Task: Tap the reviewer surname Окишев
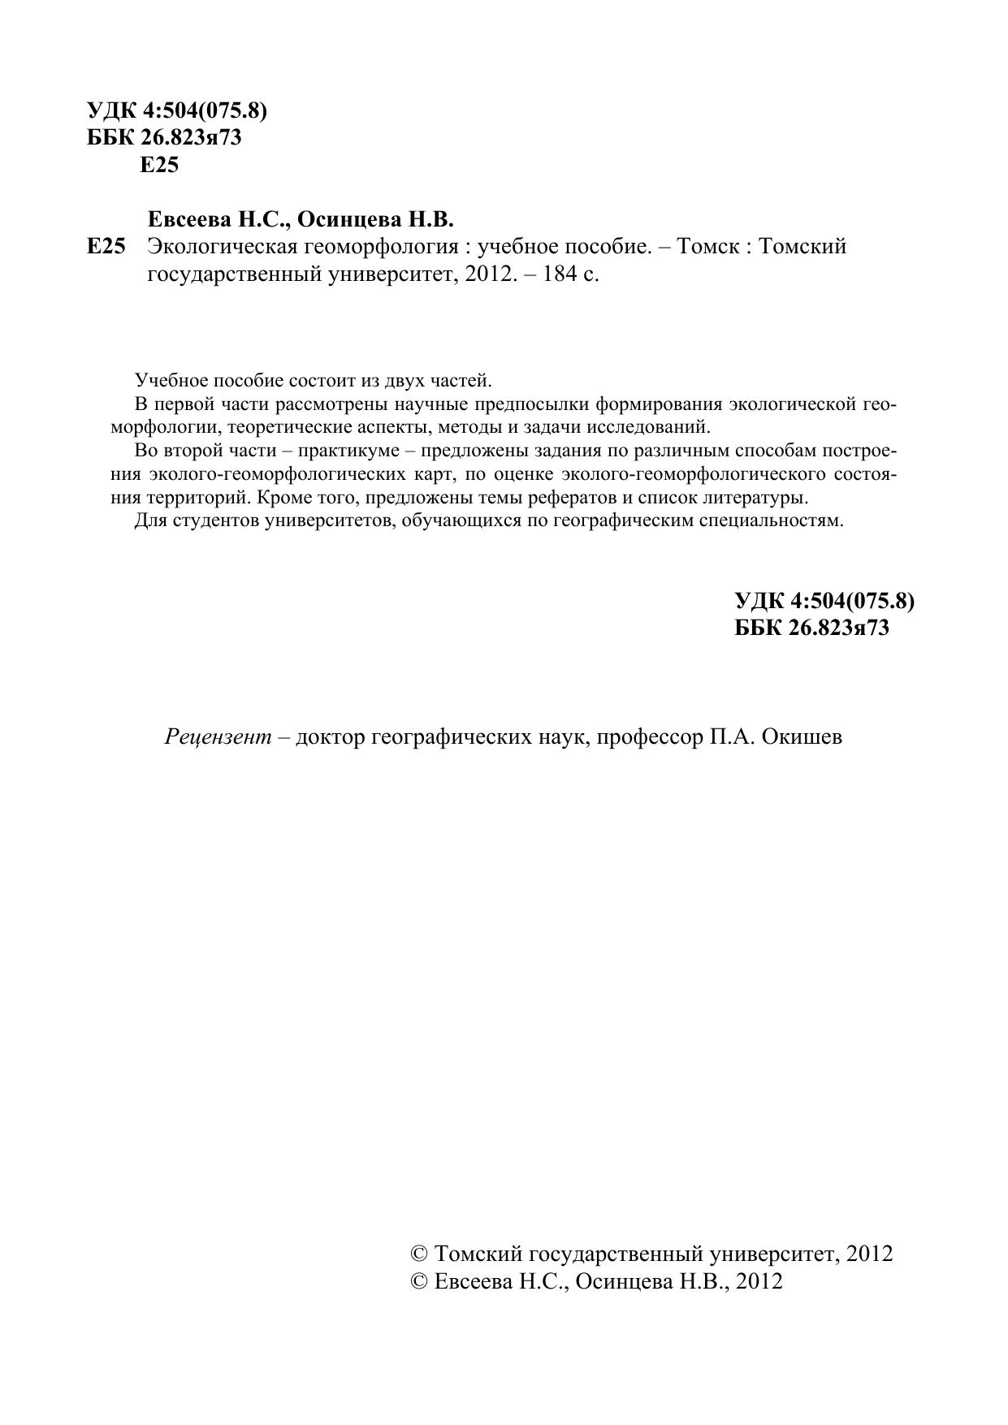(803, 737)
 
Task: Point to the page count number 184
(552, 274)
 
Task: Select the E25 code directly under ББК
(159, 165)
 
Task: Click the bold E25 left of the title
(106, 246)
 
